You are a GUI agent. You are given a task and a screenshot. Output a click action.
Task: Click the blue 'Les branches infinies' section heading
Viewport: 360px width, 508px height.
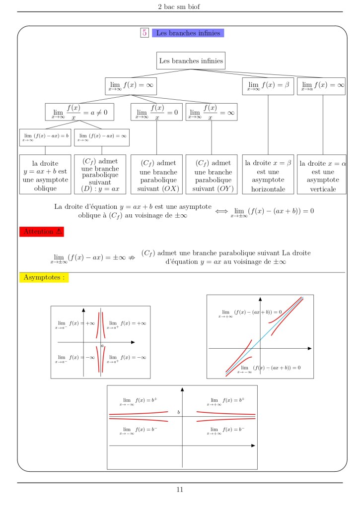(188, 33)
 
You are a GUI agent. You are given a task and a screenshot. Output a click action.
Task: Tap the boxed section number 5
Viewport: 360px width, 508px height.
(144, 33)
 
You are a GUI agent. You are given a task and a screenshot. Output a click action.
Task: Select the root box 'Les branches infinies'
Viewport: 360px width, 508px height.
(191, 61)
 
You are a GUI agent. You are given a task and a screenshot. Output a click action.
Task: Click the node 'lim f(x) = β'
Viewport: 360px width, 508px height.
(268, 86)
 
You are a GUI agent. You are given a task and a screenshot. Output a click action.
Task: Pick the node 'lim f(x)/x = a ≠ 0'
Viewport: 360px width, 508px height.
(79, 112)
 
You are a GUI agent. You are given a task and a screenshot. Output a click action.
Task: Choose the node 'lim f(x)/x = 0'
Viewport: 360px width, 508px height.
(156, 112)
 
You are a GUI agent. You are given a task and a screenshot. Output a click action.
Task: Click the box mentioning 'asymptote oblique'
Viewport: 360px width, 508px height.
(45, 175)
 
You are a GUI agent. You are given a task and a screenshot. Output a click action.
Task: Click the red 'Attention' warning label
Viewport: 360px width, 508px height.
(42, 231)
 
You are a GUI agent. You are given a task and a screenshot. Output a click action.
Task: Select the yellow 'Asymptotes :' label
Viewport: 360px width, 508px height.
(44, 277)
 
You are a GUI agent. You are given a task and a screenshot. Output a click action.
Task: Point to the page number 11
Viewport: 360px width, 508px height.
(180, 490)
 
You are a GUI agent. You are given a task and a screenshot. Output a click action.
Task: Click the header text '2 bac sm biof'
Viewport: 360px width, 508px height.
(180, 6)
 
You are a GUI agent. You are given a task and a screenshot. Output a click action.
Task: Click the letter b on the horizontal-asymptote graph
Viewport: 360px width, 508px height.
(178, 412)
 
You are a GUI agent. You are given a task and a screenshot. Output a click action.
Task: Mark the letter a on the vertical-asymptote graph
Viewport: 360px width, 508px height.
(102, 345)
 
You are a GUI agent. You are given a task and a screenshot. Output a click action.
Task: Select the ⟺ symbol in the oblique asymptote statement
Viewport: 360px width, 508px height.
(221, 211)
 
